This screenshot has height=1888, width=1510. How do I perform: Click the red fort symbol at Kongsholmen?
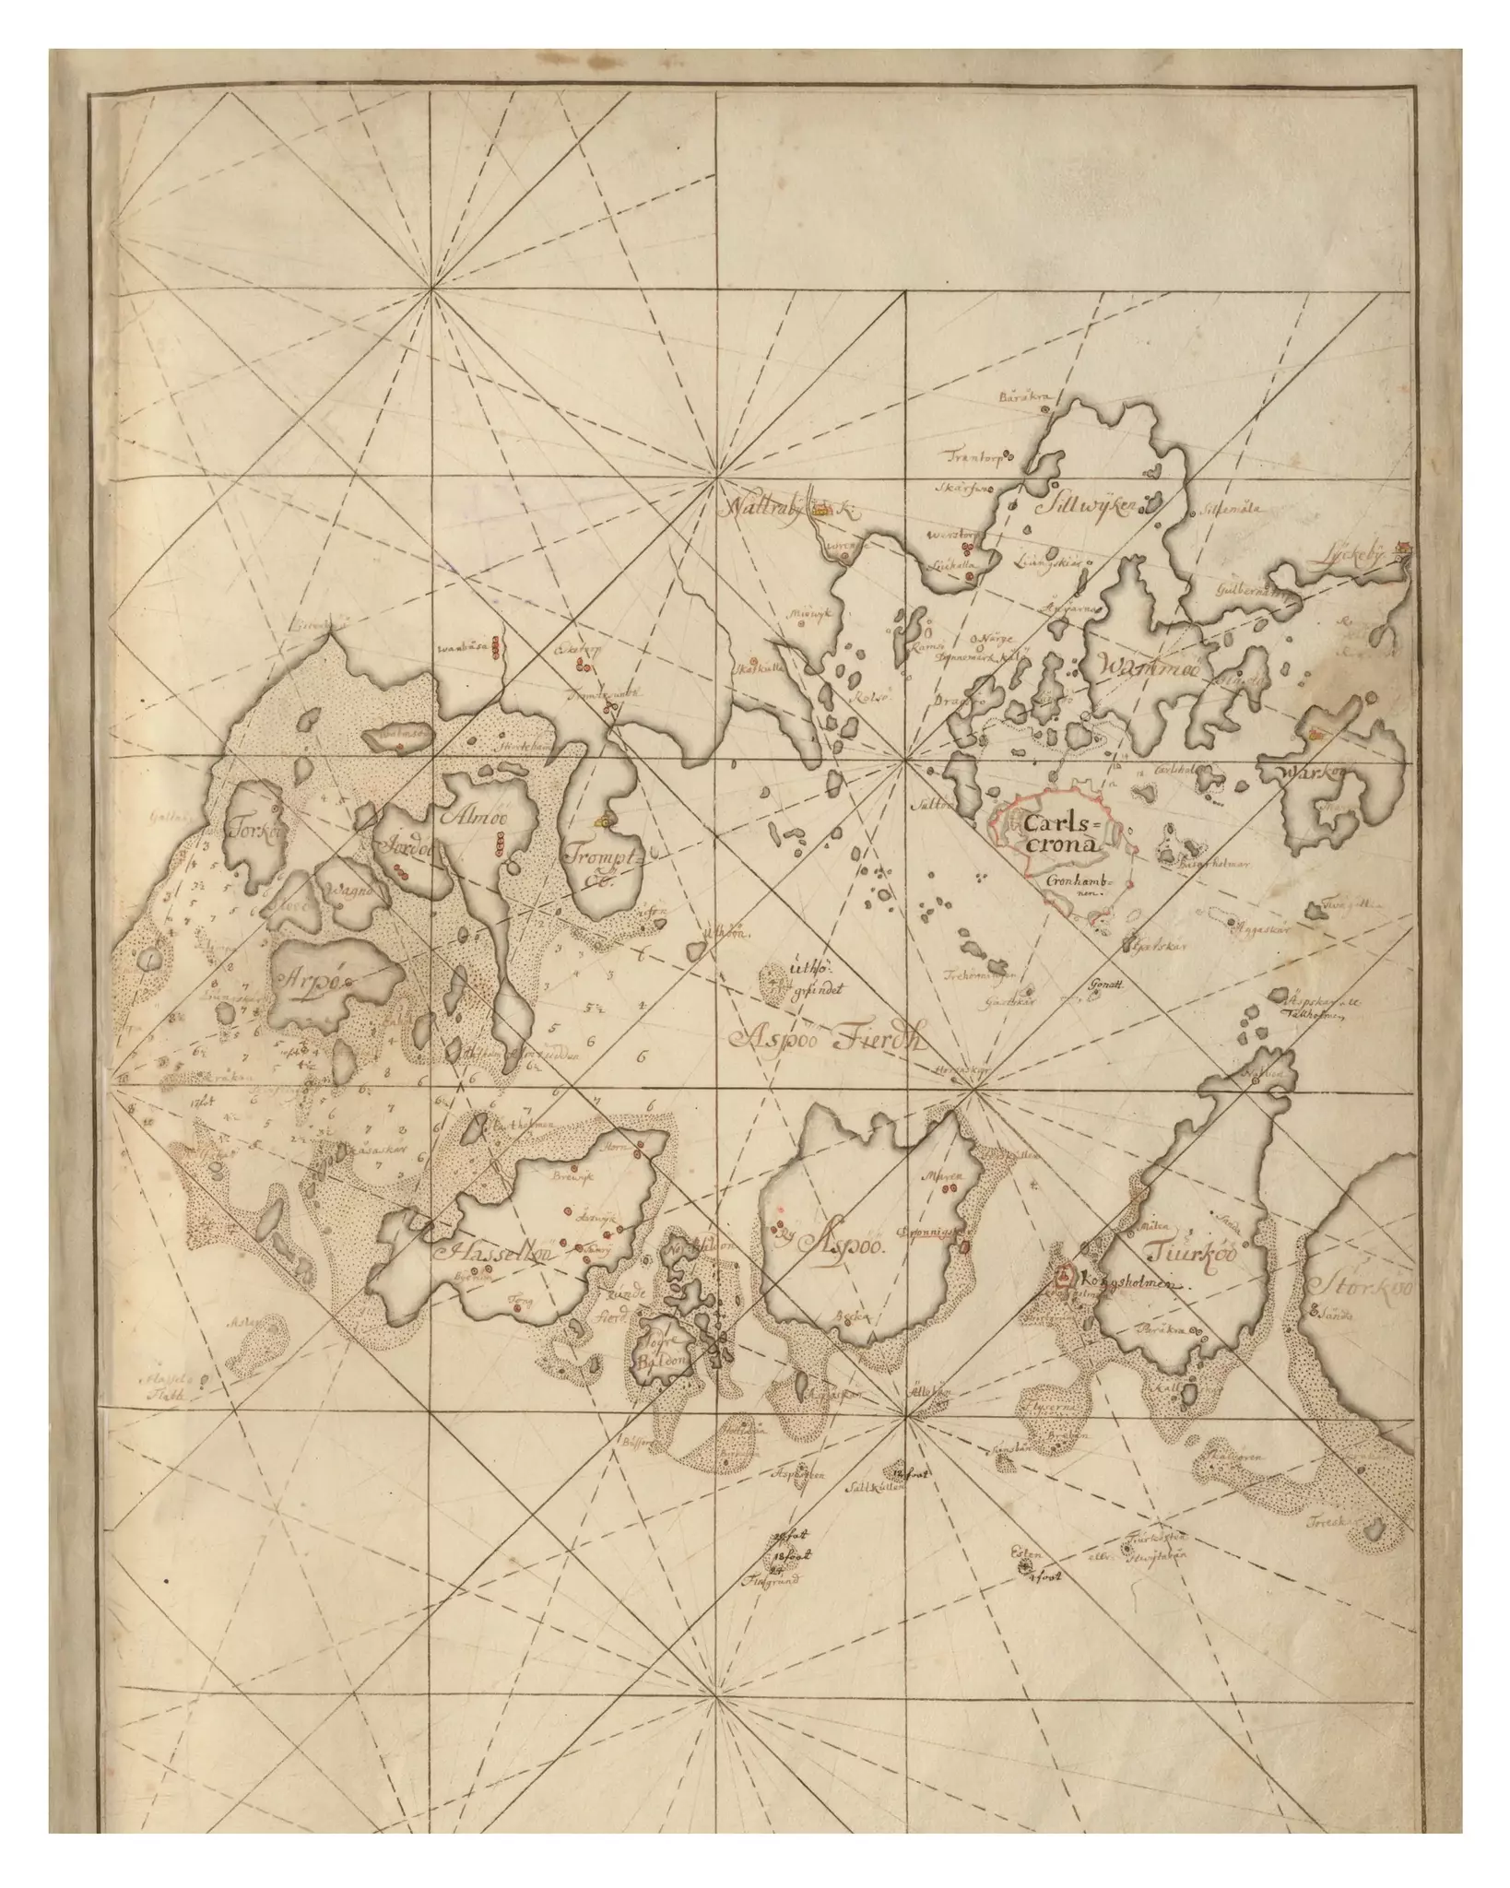(x=1064, y=1277)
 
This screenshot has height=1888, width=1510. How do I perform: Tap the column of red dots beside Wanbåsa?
(x=496, y=646)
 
